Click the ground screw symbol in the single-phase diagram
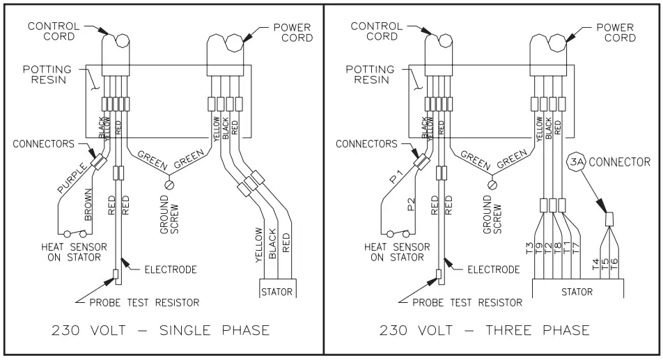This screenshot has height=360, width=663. pos(167,185)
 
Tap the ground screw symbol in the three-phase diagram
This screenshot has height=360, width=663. pos(494,185)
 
